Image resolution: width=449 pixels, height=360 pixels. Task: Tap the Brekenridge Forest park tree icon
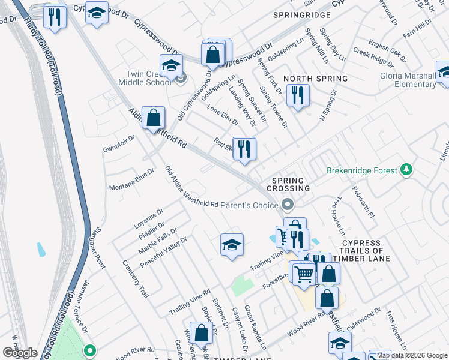pos(407,170)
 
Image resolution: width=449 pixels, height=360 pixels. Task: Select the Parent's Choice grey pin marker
pos(288,205)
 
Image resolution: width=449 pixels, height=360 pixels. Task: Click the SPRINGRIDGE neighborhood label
pos(302,14)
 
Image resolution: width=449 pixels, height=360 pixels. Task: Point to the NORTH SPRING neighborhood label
pos(315,79)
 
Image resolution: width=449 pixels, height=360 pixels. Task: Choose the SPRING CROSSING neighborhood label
pos(291,184)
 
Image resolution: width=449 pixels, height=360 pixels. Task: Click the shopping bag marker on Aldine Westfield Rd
pos(154,116)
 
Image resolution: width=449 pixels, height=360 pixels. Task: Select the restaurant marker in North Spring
pos(297,94)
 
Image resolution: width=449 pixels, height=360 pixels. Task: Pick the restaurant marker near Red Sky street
pos(244,148)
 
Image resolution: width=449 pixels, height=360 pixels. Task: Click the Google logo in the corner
pos(20,353)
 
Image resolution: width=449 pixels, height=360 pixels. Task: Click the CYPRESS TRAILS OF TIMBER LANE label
pos(366,250)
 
